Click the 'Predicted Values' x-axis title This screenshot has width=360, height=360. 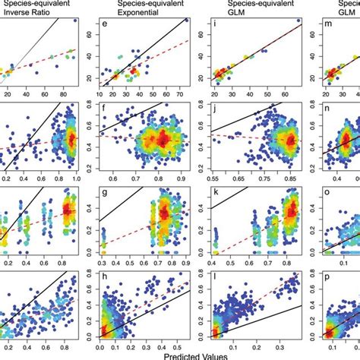click(x=181, y=354)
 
